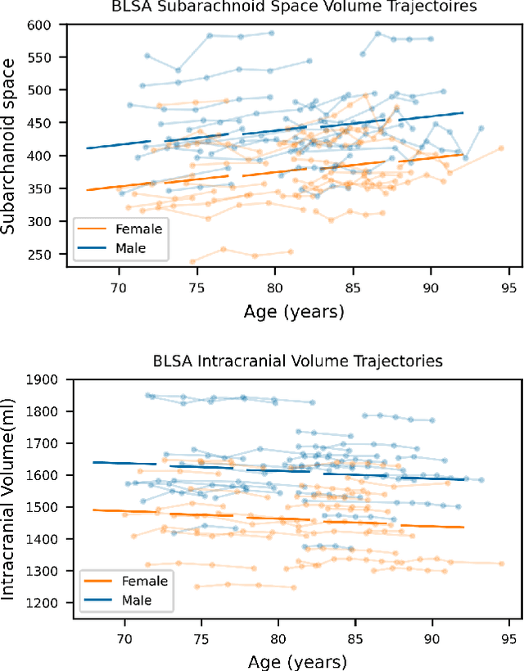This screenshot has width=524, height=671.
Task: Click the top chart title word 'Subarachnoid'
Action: (x=235, y=7)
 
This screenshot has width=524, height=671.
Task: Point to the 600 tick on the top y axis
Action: (x=38, y=25)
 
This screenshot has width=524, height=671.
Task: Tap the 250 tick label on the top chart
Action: (x=38, y=255)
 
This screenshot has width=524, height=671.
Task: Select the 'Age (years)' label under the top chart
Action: (x=294, y=312)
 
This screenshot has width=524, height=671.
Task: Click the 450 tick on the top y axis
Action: (x=38, y=123)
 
